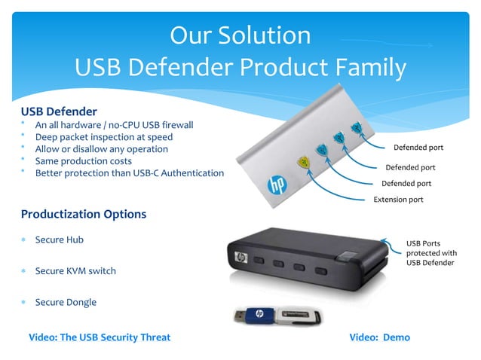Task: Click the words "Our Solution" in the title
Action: [x=240, y=35]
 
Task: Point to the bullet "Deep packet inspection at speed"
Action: [x=104, y=137]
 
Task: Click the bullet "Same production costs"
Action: [x=84, y=161]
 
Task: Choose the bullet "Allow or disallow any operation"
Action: [x=102, y=149]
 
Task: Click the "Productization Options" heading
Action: [x=84, y=214]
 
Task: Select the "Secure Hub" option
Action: [x=60, y=239]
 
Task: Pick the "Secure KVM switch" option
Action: [x=75, y=270]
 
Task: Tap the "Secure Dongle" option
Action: [x=66, y=302]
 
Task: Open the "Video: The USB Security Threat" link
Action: [x=100, y=337]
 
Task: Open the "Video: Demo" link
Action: [x=380, y=337]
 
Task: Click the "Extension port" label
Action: [x=398, y=200]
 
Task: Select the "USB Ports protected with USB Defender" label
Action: [x=431, y=252]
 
